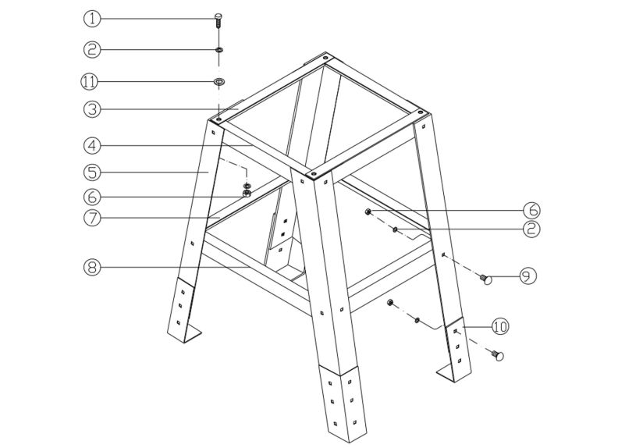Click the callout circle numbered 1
pos(92,18)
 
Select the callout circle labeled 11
pos(92,80)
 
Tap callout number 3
pos(92,110)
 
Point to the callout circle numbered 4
pos(92,144)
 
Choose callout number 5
pos(92,170)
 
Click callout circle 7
pos(92,219)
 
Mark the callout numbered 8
pos(92,267)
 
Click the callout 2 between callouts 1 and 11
pos(92,49)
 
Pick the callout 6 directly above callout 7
pos(92,195)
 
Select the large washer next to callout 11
pos(220,80)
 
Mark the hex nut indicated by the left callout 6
pos(247,194)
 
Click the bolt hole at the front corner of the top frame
pos(313,173)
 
